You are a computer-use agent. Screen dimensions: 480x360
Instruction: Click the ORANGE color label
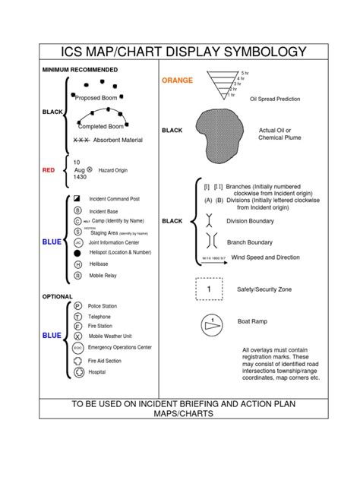176,80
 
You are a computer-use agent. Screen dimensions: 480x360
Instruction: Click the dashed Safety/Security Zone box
210,289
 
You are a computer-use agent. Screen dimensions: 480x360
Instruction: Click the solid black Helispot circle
77,252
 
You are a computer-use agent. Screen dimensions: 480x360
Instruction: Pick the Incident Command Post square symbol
77,198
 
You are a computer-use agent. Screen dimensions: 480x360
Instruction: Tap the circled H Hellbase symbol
77,264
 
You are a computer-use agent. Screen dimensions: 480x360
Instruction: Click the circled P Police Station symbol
77,305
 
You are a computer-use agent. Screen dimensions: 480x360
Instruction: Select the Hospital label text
97,372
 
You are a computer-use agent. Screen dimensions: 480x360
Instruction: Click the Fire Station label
102,325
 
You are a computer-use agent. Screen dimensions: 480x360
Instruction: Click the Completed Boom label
102,126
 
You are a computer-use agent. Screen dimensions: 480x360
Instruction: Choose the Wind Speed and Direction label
266,258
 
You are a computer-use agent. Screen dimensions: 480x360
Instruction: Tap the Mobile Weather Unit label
111,335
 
